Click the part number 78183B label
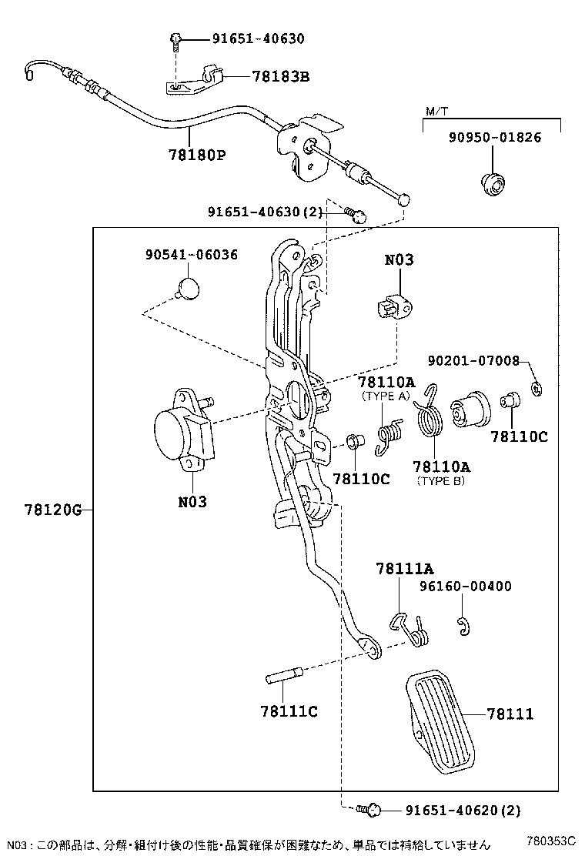pyautogui.click(x=280, y=76)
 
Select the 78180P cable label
pyautogui.click(x=197, y=155)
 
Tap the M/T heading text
pyautogui.click(x=436, y=112)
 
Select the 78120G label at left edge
pyautogui.click(x=52, y=510)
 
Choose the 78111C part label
pyautogui.click(x=289, y=711)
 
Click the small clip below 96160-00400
pyautogui.click(x=463, y=627)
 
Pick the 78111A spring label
pyautogui.click(x=404, y=569)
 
